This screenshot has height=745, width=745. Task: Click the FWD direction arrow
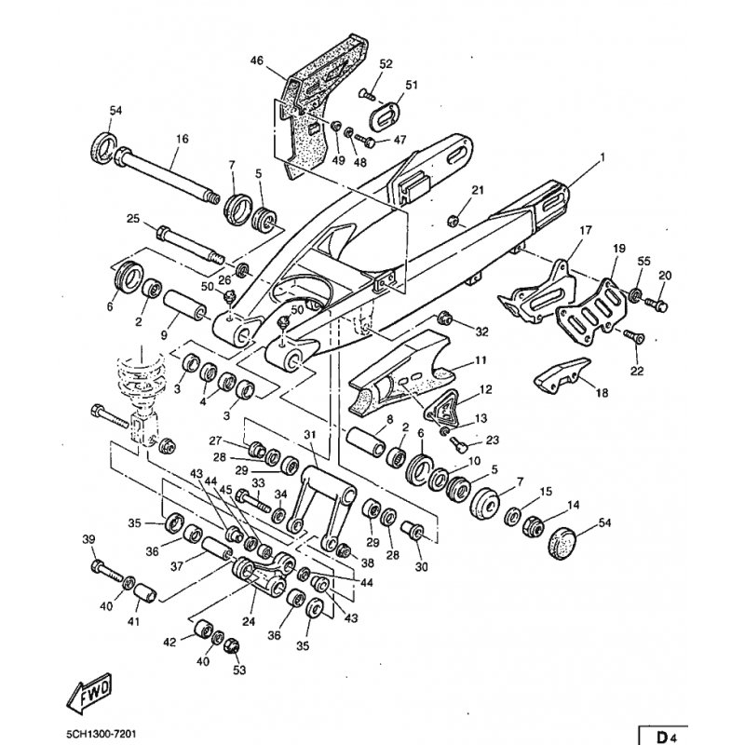[x=90, y=693]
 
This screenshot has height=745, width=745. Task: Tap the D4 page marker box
[x=663, y=736]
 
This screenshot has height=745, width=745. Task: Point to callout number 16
[x=182, y=139]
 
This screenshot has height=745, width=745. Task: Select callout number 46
[x=257, y=61]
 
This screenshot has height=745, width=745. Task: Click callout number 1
[x=603, y=157]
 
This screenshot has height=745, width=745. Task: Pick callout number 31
[x=310, y=435]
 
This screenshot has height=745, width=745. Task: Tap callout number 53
[x=239, y=670]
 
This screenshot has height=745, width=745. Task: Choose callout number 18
[x=602, y=392]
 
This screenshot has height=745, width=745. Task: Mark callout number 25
[x=133, y=219]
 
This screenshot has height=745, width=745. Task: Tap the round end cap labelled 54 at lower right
[x=562, y=541]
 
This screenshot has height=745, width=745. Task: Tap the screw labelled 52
[x=367, y=94]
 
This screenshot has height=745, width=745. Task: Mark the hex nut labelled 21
[x=453, y=221]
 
